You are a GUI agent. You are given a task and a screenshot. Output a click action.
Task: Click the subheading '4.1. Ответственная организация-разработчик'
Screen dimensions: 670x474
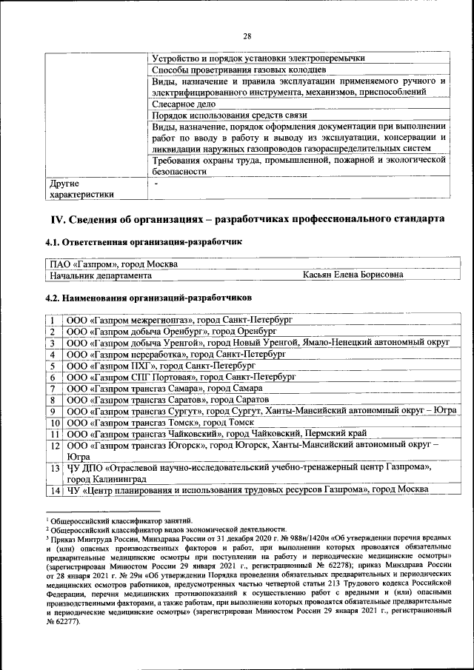pos(142,242)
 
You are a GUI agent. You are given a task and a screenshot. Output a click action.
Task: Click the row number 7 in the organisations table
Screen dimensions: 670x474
pos(53,389)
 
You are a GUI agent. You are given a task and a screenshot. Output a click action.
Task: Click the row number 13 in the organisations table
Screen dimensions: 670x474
pos(54,469)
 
